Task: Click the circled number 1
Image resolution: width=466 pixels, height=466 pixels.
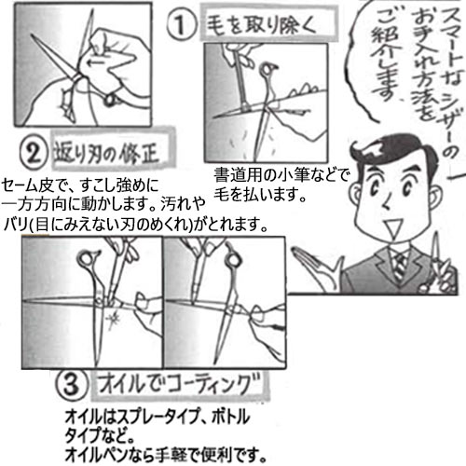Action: point(182,24)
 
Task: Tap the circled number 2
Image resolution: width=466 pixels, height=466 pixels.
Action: point(34,154)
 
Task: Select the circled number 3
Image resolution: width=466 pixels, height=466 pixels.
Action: point(72,385)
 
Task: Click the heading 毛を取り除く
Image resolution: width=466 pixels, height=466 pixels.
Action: point(261,25)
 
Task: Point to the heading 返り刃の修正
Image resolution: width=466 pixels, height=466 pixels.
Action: point(106,153)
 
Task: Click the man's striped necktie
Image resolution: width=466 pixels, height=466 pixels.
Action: point(401,266)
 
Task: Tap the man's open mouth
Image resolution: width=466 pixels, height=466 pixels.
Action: point(394,226)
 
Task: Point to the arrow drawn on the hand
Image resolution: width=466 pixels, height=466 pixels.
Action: point(97,63)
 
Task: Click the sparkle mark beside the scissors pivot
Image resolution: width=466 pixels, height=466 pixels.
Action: point(114,320)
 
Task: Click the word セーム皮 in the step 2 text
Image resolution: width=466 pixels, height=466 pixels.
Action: point(30,185)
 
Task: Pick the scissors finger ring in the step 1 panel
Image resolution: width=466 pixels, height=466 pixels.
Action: point(267,71)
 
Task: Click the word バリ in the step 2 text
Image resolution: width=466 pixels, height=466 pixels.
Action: point(15,225)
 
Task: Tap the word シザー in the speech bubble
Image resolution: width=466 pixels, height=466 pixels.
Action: point(451,110)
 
